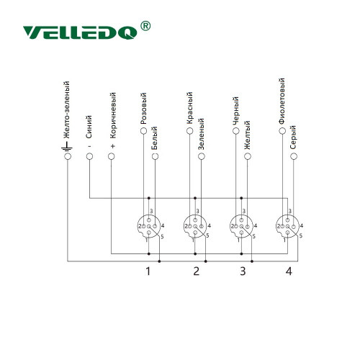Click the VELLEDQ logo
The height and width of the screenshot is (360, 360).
(x=80, y=32)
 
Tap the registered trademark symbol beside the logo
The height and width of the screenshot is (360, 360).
(x=145, y=26)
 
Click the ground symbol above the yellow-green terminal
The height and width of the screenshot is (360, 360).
(x=67, y=146)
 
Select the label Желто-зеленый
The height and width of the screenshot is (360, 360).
(x=66, y=110)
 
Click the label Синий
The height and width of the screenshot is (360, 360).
(x=89, y=127)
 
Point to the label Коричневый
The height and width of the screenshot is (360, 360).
(x=113, y=115)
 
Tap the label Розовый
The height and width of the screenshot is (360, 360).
(x=143, y=109)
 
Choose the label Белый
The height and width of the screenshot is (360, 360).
(x=155, y=138)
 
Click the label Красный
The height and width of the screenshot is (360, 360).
(x=189, y=108)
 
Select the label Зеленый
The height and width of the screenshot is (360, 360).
(x=201, y=134)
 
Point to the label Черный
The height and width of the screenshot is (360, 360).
(x=235, y=111)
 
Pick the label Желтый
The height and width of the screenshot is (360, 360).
(x=247, y=135)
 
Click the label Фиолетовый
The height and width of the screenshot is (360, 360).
(x=282, y=101)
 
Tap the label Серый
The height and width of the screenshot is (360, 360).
(x=293, y=138)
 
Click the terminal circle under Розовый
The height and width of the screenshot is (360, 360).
(x=143, y=131)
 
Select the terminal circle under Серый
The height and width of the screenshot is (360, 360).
(x=294, y=156)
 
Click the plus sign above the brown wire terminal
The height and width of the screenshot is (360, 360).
(x=113, y=146)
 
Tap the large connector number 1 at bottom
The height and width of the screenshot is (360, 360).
(x=148, y=271)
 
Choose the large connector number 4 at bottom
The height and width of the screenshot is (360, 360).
(x=289, y=271)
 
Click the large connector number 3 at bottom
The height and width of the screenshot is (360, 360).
(x=243, y=271)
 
